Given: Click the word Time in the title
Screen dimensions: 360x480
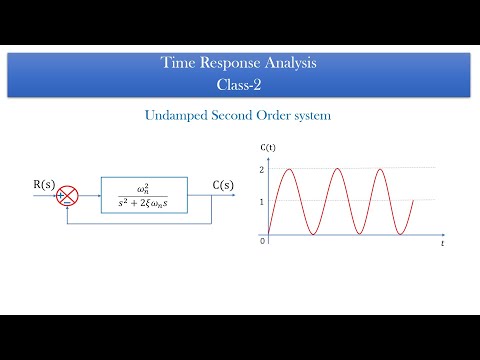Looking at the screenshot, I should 177,63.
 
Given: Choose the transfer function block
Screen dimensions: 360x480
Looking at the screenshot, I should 150,195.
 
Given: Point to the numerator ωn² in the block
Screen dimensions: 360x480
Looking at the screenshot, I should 150,187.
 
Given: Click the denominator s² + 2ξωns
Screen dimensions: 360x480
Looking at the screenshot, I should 150,204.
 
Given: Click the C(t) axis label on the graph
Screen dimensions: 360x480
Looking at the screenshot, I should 268,149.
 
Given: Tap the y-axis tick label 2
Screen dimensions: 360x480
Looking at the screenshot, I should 262,169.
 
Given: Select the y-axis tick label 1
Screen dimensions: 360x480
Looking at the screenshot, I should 262,202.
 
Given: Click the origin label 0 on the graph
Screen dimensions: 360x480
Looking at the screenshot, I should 262,240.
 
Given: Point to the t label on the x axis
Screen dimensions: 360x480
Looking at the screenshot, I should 441,243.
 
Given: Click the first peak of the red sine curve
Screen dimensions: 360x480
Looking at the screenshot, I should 290,169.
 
